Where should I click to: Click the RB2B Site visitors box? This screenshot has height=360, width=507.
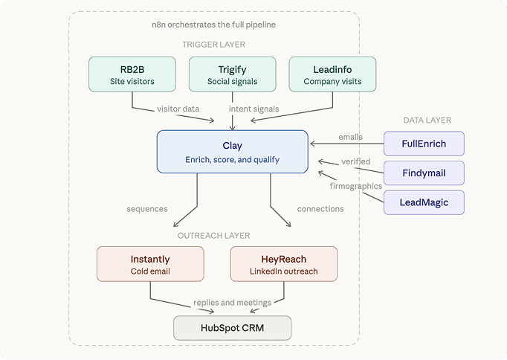132,75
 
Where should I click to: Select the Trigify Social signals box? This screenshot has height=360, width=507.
233,75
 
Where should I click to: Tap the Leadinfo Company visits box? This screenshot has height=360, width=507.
332,75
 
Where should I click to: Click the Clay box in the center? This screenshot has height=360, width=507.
232,152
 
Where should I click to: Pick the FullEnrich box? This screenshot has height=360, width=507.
424,144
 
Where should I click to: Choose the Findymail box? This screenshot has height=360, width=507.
424,173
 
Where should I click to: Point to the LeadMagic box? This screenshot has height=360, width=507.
424,202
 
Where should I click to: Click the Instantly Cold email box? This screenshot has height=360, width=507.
150,264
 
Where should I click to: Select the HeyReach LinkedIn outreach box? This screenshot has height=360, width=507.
284,264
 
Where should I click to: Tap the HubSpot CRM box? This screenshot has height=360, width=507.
232,328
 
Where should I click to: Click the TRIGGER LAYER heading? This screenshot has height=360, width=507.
213,45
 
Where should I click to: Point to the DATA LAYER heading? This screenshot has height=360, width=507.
427,120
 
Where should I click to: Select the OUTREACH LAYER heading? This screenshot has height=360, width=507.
213,236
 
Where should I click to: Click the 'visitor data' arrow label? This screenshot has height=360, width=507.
178,109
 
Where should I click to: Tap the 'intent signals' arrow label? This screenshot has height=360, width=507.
253,109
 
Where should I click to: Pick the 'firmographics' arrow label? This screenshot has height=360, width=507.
355,186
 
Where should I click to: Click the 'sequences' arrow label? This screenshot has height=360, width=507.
147,209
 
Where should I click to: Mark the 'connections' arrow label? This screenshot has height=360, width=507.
320,209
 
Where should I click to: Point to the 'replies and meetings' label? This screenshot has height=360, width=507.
232,302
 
